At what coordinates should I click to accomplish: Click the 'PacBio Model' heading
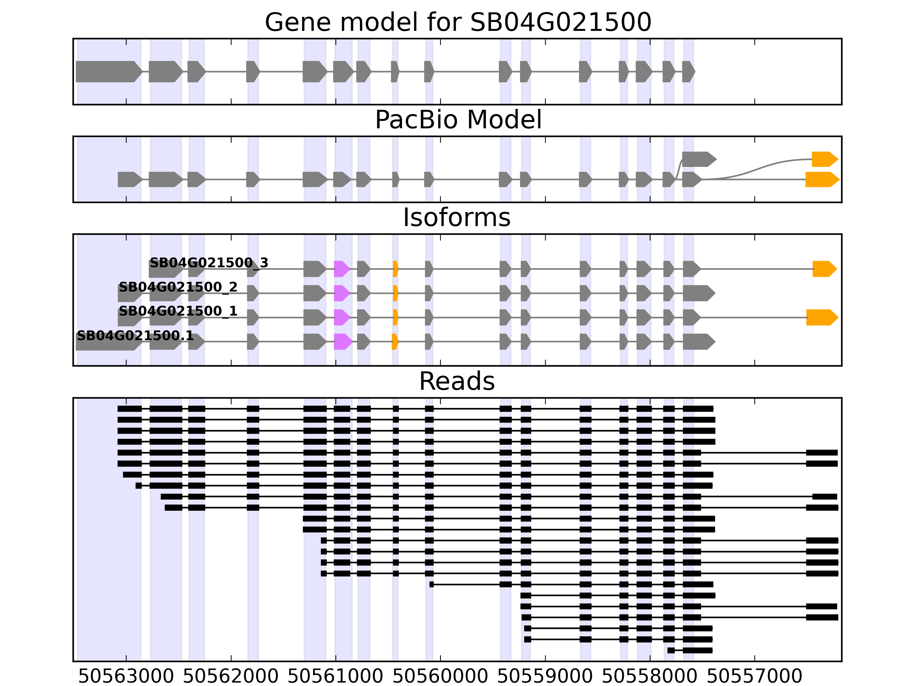(x=457, y=120)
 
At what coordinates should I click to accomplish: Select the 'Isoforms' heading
(x=457, y=218)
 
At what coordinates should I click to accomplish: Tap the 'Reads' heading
(x=457, y=381)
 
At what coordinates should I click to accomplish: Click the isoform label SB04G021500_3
(x=209, y=263)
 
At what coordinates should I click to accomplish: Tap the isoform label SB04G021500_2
(x=178, y=287)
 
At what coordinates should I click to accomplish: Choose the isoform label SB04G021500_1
(x=178, y=311)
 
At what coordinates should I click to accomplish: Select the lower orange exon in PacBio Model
(x=821, y=180)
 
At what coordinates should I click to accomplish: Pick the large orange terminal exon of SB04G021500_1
(x=821, y=318)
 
